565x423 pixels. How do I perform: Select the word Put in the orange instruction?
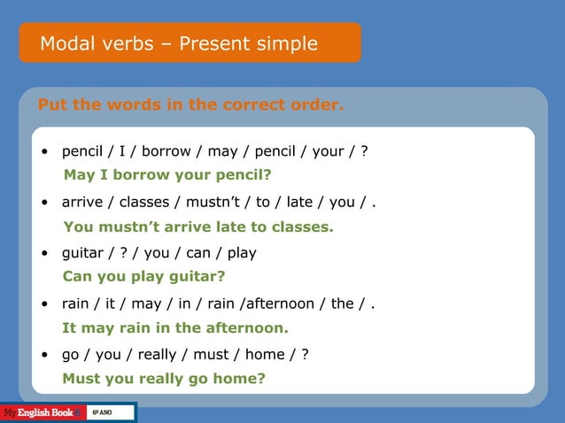click(51, 105)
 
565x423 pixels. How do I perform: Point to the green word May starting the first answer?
click(78, 175)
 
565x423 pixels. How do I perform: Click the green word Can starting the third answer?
click(76, 276)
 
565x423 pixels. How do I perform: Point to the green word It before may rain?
click(69, 327)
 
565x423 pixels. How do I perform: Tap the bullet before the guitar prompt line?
click(44, 253)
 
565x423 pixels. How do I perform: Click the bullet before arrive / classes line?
click(44, 203)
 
